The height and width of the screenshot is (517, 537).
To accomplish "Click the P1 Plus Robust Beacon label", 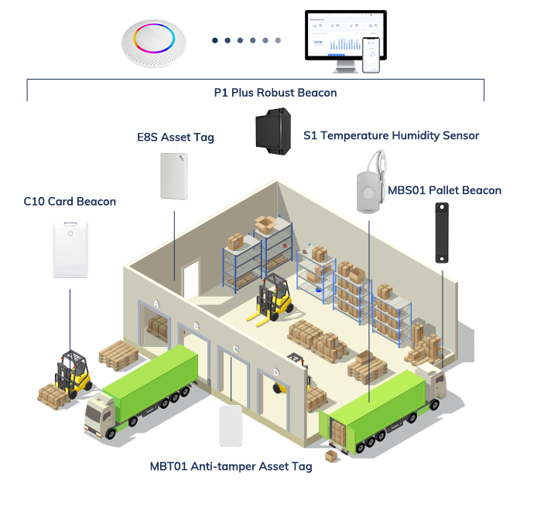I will (x=275, y=93).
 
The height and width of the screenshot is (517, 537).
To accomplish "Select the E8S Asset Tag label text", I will (x=175, y=138).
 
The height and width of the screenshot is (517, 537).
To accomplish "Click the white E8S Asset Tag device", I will (x=173, y=175).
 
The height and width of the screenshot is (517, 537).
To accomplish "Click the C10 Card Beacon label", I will (x=70, y=202).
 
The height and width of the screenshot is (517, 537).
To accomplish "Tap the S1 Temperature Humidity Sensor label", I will (x=391, y=135).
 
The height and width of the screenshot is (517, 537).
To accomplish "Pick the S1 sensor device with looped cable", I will (x=370, y=185).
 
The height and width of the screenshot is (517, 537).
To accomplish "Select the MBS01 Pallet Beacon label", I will (x=444, y=190).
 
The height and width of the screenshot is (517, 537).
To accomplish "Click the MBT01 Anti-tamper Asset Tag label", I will (x=231, y=466).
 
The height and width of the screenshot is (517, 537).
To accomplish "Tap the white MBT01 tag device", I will (x=232, y=426).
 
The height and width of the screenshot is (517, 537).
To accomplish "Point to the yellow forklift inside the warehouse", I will (x=271, y=298).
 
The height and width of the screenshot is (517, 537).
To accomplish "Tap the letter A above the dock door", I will (x=157, y=304).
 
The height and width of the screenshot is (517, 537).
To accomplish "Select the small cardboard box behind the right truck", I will (x=330, y=456).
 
